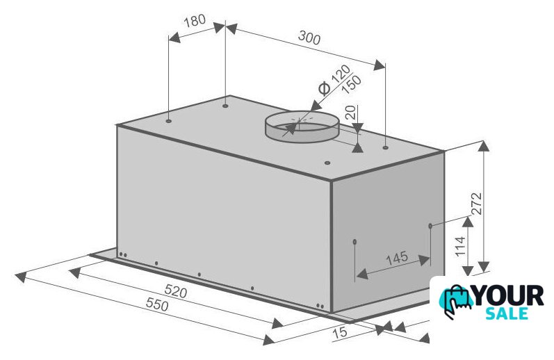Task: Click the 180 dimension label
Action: (x=195, y=21)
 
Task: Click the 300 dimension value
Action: (x=309, y=38)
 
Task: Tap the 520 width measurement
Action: (x=176, y=291)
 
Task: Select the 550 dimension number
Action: (x=157, y=304)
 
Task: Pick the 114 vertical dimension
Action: (x=460, y=246)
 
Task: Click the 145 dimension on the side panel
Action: (x=397, y=258)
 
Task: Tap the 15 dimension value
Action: (x=340, y=332)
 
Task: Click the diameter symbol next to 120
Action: (x=324, y=88)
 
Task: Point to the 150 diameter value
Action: (x=352, y=85)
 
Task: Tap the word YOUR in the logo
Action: (x=509, y=296)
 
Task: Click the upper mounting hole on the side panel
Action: (x=430, y=226)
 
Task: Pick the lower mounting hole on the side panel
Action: (x=355, y=242)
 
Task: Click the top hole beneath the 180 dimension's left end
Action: (x=168, y=121)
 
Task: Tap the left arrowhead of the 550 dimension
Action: (x=21, y=277)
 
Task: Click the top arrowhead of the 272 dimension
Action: (x=483, y=145)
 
